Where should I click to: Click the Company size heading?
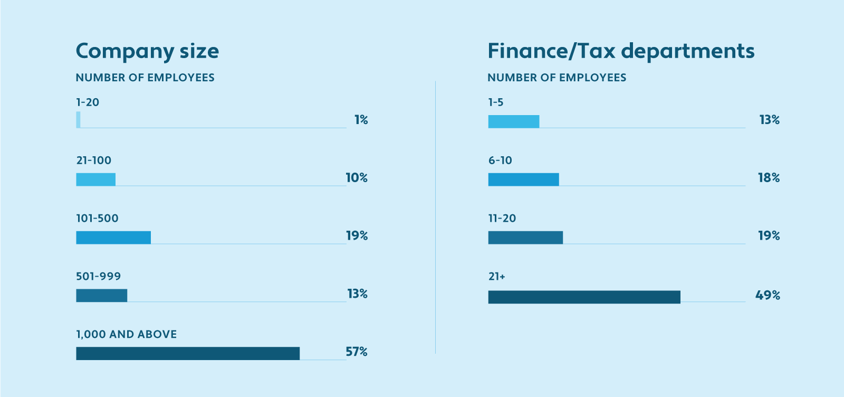[x=147, y=51]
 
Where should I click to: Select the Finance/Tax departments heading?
[x=621, y=51]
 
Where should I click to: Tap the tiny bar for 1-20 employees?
[x=79, y=120]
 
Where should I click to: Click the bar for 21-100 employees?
[x=95, y=179]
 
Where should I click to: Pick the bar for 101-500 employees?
[x=113, y=238]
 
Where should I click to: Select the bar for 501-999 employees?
[x=101, y=296]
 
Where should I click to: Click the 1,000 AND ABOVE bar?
[x=188, y=353]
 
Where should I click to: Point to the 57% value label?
[x=357, y=352]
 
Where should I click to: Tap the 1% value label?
[x=361, y=120]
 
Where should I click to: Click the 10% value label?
[x=357, y=178]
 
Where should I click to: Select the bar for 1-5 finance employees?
[x=513, y=121]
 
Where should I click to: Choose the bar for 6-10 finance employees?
[x=523, y=179]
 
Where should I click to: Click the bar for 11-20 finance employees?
[x=525, y=238]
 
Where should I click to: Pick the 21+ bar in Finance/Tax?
[x=584, y=297]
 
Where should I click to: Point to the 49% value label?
[x=768, y=295]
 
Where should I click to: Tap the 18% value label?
[x=769, y=178]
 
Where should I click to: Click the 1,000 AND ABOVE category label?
[x=127, y=334]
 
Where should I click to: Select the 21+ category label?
[x=496, y=276]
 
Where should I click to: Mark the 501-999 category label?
[x=98, y=276]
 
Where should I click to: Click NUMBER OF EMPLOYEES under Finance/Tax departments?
[x=557, y=78]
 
